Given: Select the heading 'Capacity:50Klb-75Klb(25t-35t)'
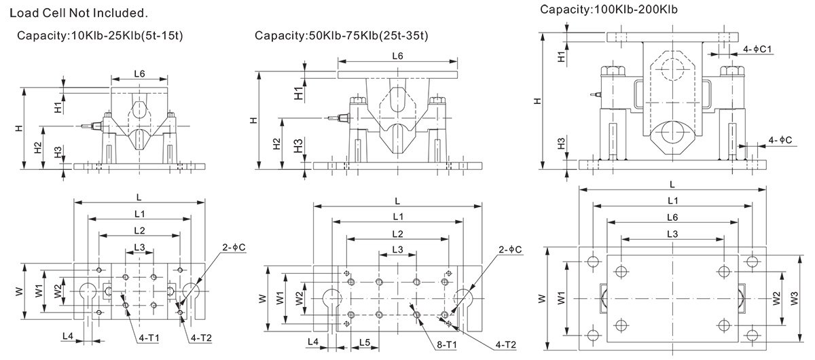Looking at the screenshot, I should tap(342, 35).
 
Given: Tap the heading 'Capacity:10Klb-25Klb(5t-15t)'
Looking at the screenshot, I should tap(98, 35).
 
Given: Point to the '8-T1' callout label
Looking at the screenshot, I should tap(446, 345).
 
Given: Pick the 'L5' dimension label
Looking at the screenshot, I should tap(364, 341).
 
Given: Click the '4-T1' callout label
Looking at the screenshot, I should tap(146, 336).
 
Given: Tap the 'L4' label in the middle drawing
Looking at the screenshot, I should tap(313, 341).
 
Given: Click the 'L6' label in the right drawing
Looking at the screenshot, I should tap(671, 217).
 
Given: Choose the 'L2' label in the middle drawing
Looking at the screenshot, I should tap(397, 233).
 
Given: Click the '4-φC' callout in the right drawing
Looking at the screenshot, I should tap(781, 140).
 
